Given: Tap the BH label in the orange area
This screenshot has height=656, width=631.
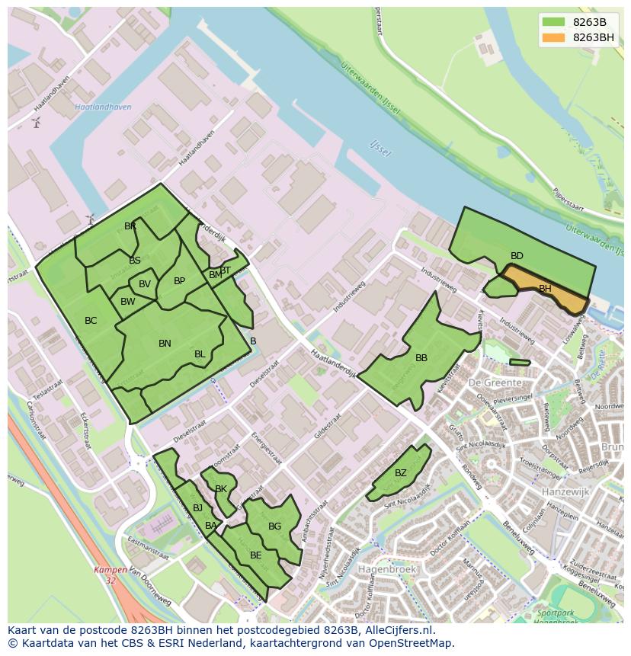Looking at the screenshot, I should coord(545,289).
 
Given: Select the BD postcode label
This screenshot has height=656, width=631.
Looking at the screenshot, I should coord(517,256).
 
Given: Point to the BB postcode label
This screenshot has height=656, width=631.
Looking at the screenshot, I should coord(421,357).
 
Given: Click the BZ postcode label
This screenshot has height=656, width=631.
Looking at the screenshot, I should coord(401,473).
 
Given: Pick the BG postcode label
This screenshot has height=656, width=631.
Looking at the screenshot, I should coord(275,526).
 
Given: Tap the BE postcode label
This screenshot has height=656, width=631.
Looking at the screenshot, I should coord(256,555).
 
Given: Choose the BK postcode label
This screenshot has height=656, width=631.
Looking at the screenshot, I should coord(221,489).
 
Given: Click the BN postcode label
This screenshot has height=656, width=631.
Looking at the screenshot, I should coord(165,344).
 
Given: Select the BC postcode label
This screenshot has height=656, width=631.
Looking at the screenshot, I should coord(91,321).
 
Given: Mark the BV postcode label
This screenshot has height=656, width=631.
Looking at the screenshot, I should coord(145,284).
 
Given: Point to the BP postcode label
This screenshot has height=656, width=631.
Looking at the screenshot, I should coord(179,281).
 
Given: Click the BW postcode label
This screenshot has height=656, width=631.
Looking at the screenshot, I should coord(128,302).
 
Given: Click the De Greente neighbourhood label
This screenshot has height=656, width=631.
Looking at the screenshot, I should coord(495,382).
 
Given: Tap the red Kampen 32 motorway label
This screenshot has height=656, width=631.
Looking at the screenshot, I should coord(111,574).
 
